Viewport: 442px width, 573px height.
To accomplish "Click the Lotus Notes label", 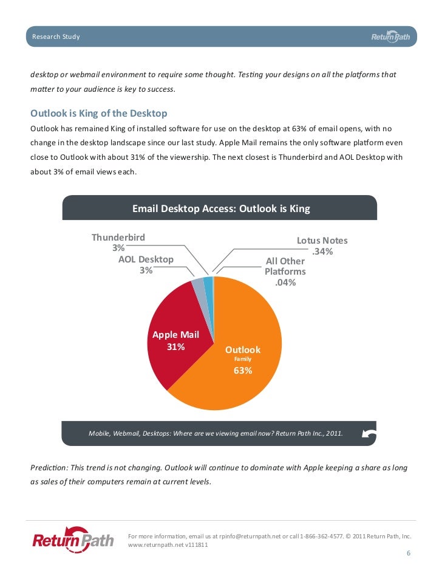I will point(322,241).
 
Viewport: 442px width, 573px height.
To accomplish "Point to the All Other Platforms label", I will point(285,266).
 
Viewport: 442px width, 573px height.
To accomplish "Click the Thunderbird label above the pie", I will point(118,237).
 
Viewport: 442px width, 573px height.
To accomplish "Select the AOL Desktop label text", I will point(146,259).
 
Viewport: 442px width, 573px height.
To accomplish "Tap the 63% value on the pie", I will point(243,371).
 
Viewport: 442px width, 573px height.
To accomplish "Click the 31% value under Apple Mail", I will point(175,347).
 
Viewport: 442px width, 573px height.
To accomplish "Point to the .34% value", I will point(322,252).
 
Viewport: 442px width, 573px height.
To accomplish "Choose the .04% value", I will point(285,282).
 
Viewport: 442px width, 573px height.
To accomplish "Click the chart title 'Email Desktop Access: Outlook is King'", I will point(221,208).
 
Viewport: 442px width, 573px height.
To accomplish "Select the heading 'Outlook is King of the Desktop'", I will point(98,113).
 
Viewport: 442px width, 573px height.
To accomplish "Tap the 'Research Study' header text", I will point(56,37).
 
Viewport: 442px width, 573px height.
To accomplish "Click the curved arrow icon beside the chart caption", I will point(368,433).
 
